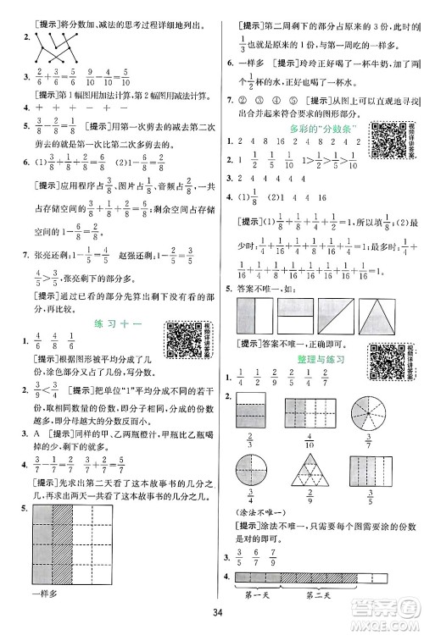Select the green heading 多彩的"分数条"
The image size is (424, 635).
[x=320, y=129]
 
